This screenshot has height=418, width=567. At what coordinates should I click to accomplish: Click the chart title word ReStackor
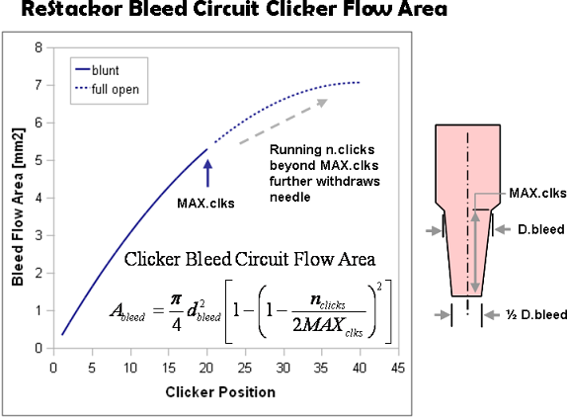click(72, 9)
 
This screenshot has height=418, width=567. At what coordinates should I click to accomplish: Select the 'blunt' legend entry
click(97, 70)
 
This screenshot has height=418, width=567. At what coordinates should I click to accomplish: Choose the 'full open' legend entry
click(107, 89)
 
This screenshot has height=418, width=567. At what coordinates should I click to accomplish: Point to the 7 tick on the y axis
click(39, 86)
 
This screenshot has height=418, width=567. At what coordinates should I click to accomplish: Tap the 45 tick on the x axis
click(398, 369)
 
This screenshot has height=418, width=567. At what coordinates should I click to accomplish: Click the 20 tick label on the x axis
click(206, 369)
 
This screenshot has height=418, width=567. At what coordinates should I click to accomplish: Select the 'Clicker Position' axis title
click(220, 392)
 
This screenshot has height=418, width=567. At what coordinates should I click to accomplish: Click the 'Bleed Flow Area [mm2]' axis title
click(18, 207)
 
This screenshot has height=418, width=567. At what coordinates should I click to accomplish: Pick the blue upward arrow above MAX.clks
click(207, 173)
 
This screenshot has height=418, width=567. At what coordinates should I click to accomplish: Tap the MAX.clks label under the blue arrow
click(205, 204)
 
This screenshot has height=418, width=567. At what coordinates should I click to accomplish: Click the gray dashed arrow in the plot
click(283, 122)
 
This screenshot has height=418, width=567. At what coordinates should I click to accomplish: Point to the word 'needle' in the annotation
click(290, 197)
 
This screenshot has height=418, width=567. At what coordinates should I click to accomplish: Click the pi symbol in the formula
click(176, 299)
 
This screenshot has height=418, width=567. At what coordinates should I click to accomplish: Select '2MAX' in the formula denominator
click(318, 325)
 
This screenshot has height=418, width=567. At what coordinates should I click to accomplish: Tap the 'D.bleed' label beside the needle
click(541, 229)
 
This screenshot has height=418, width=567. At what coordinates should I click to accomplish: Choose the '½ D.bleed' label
click(536, 314)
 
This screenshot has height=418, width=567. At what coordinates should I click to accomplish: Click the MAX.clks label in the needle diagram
click(537, 193)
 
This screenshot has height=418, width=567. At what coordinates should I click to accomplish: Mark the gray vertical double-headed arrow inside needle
click(475, 252)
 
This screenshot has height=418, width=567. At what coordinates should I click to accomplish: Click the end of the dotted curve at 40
click(360, 83)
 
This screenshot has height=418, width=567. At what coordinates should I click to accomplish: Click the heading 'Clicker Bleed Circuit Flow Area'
click(250, 259)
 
